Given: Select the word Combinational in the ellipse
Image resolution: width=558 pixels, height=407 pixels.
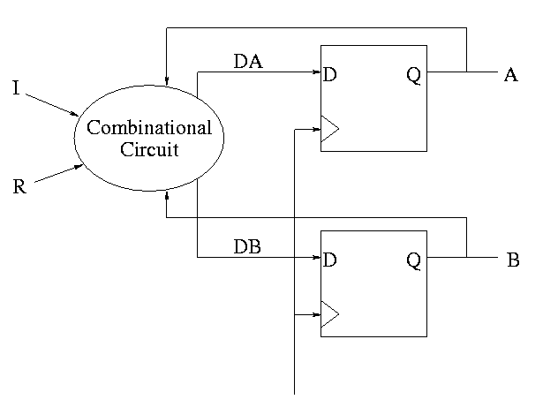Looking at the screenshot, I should [149, 128].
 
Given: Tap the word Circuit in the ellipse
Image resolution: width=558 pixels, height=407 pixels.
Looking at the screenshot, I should [149, 149].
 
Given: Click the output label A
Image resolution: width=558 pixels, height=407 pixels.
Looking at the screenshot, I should [510, 75].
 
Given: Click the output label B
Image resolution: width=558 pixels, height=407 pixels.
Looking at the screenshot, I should [513, 261].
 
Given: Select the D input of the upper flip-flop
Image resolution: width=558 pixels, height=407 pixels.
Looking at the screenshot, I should [330, 75].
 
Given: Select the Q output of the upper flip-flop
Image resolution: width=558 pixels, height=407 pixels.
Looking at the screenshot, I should [413, 75].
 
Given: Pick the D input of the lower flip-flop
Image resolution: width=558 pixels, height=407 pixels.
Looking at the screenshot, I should [330, 261].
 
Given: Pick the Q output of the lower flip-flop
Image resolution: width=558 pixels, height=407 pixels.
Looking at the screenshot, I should [413, 261].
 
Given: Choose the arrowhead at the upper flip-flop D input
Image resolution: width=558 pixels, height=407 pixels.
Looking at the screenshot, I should [316, 72].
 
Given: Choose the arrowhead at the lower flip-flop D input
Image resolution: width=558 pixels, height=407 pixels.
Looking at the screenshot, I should [316, 258].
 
